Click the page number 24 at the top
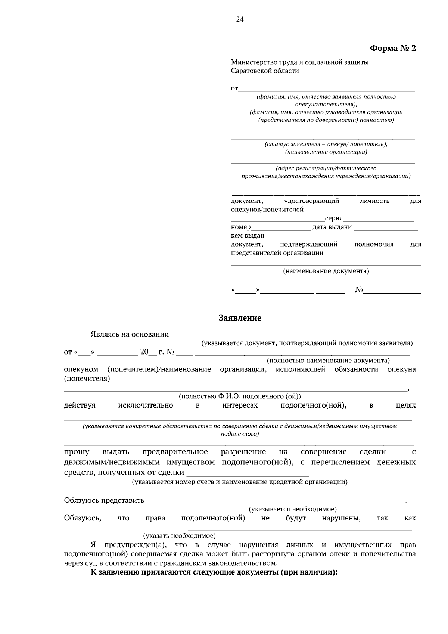240,20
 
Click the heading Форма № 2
392,49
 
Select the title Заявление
240,318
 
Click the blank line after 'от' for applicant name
327,90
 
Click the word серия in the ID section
334,218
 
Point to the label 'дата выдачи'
332,227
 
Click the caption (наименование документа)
326,271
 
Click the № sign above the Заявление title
359,290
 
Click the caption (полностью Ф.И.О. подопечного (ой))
240,396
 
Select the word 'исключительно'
146,405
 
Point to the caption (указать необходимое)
179,536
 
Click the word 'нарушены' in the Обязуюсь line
341,518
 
